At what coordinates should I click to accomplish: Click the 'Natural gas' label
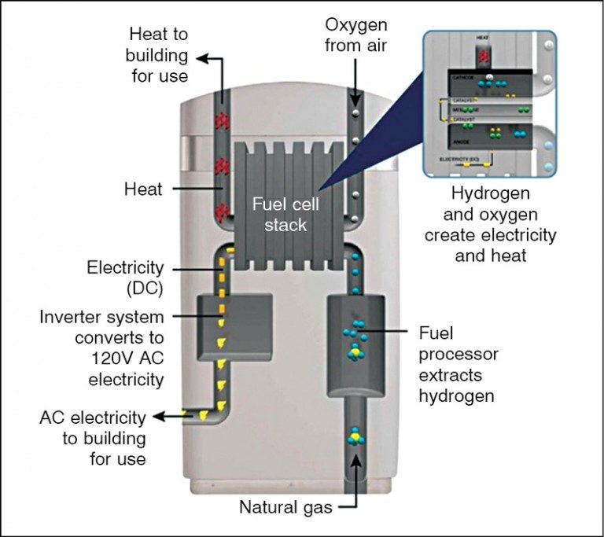[285, 508]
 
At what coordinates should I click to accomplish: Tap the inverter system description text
[103, 348]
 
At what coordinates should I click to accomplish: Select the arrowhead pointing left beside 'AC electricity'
[160, 415]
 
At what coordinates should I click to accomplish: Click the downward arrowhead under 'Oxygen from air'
[355, 100]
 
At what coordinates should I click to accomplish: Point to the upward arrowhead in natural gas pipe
[355, 464]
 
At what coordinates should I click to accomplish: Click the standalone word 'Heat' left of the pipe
[144, 189]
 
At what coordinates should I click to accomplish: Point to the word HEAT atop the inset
[484, 38]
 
